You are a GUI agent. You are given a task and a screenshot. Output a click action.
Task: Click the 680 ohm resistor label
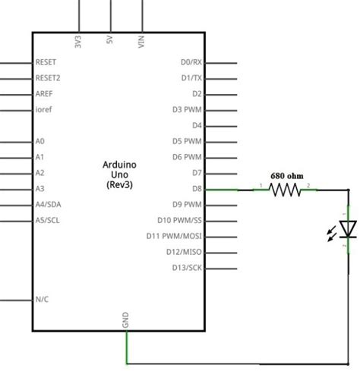coord(286,173)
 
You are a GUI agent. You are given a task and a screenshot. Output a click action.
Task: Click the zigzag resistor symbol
coord(286,190)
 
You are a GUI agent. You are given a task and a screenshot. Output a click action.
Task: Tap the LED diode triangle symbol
coord(348,228)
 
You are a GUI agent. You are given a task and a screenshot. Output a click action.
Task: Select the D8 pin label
coord(195,189)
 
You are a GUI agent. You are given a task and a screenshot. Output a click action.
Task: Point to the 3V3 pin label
coord(78,42)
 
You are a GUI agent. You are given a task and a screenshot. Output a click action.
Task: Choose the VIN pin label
coord(141,42)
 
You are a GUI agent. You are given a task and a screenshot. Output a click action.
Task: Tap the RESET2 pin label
coord(48,77)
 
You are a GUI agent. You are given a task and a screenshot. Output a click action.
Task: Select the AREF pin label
coord(44,93)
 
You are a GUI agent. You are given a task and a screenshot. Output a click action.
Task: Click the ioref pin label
coord(43,109)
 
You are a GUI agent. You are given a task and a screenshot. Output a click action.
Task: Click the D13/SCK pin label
coord(185,267)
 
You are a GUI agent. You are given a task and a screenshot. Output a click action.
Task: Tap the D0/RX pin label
coord(191,62)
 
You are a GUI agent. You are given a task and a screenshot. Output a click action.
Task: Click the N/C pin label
coord(42,299)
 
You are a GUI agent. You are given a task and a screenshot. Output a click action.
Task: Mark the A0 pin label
coord(40,141)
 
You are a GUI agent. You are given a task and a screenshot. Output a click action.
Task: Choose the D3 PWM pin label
coord(187,109)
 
